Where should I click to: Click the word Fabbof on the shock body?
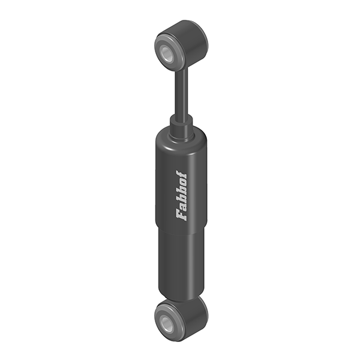(181, 196)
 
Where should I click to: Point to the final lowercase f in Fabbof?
(181, 174)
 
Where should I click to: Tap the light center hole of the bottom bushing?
(166, 322)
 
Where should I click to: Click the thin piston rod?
(182, 94)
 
